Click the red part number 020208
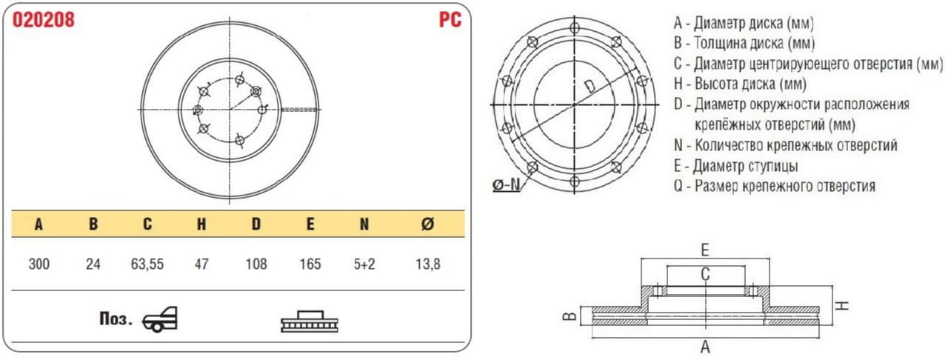pos(43,20)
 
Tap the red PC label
pos(450,20)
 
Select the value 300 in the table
pos(39,264)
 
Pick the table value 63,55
pos(147,264)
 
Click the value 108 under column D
pos(256,264)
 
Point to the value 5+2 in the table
pos(364,264)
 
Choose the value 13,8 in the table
pos(428,264)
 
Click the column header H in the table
pos(201,224)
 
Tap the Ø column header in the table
pos(427,224)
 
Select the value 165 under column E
pos(310,264)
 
